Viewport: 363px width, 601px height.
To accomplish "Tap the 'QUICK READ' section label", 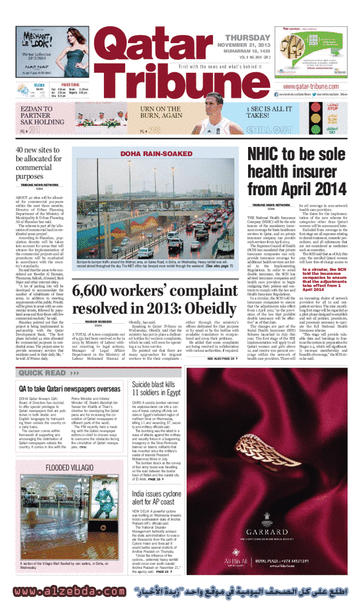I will tap(43, 373).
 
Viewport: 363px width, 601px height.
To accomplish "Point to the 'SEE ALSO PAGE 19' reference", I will tap(221, 358).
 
